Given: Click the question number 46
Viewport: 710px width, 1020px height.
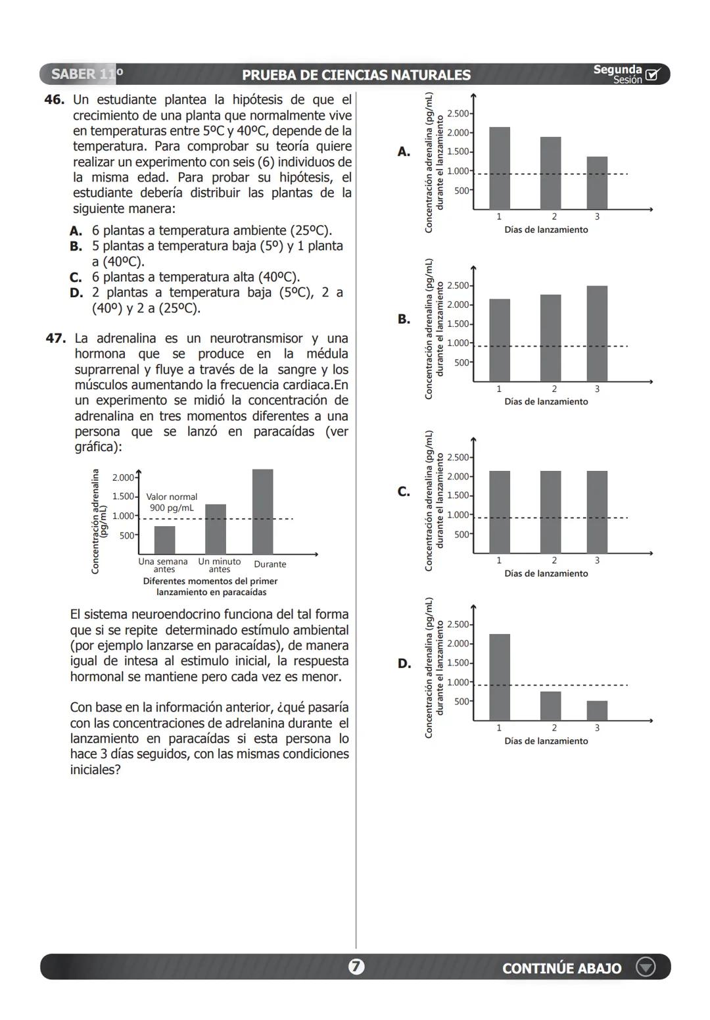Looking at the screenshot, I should click(54, 100).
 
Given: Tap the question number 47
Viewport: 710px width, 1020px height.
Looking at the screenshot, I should click(56, 339).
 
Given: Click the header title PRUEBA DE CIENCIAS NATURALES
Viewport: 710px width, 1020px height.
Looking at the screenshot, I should click(356, 75).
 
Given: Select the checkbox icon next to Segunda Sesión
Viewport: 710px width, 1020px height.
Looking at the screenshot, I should click(651, 75).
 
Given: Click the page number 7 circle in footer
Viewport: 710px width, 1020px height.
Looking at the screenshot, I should click(356, 967).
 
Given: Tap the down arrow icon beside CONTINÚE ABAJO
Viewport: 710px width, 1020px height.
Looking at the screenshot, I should click(646, 967).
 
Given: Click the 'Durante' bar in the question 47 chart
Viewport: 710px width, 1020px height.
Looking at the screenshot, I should click(262, 511).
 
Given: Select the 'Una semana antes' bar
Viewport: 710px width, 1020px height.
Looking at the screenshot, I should click(164, 540).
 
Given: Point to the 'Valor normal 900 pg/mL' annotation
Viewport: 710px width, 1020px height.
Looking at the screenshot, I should click(171, 502).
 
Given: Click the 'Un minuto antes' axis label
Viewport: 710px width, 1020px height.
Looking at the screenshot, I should click(219, 566).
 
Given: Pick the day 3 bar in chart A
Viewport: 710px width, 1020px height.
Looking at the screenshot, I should click(597, 183).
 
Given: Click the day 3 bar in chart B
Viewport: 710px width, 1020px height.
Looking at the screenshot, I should click(597, 333).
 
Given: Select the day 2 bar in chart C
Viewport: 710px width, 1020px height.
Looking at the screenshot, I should click(550, 512).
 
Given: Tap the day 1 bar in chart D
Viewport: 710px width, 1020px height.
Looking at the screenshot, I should click(499, 677).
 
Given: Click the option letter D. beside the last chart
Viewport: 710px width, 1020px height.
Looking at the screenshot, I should click(404, 664).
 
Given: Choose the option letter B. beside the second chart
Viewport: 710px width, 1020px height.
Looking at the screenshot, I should click(404, 320).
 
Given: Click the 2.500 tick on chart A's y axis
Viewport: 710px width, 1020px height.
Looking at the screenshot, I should click(457, 114).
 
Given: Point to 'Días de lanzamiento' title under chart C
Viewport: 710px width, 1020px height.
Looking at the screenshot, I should click(546, 573).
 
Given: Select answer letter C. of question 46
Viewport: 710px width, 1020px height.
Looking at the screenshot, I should click(76, 278).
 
